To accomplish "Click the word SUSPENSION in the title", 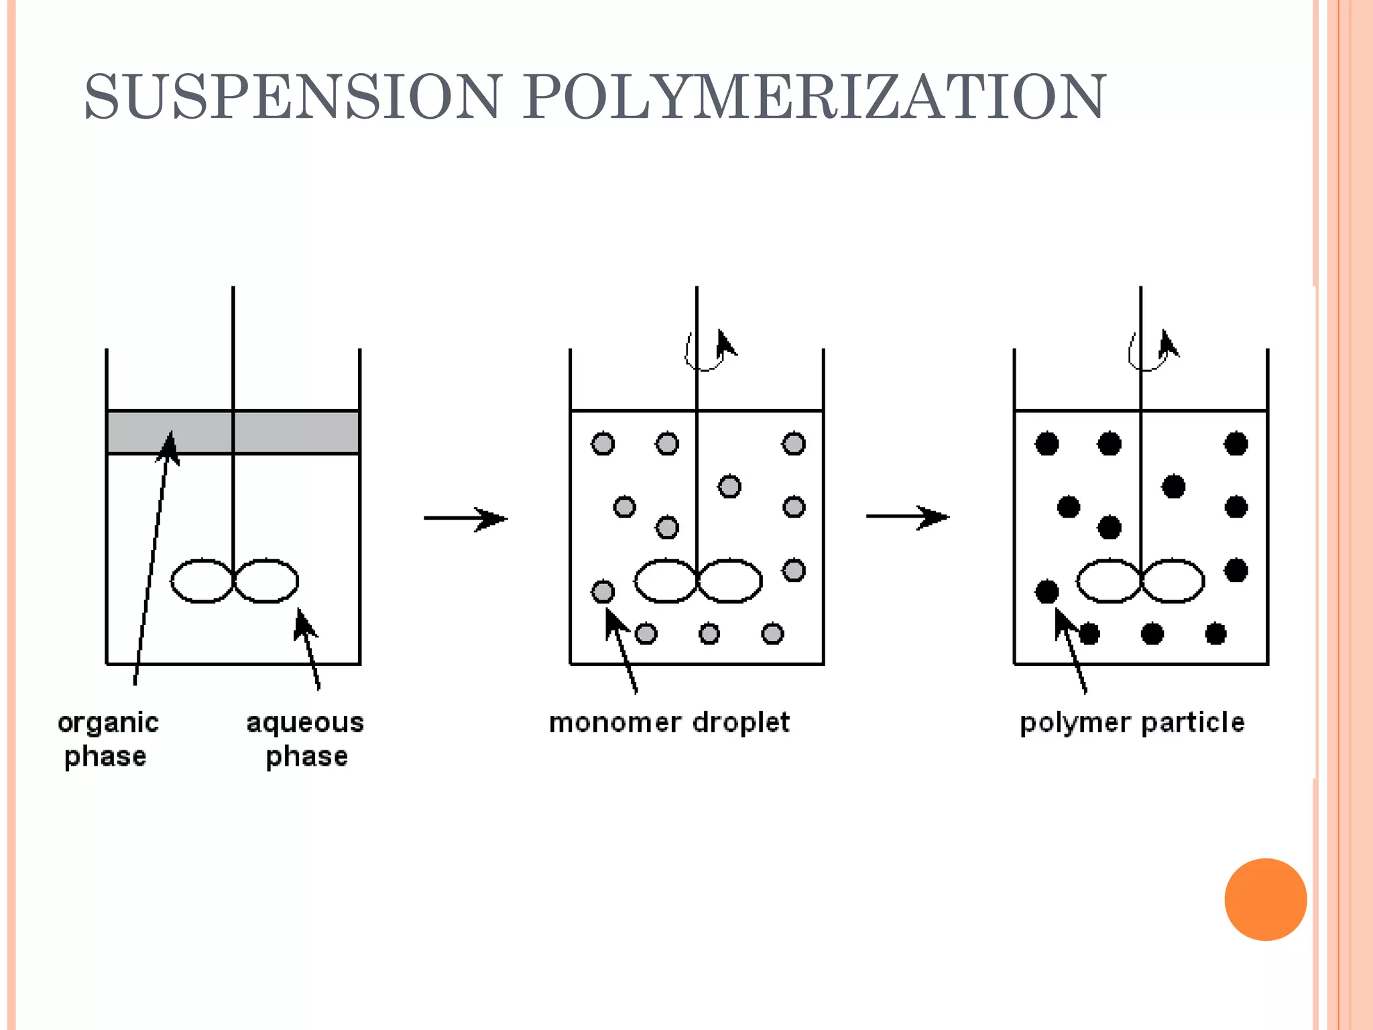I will (x=292, y=98).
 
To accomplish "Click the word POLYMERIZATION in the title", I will (x=814, y=98).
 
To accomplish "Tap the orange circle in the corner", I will (x=1265, y=899).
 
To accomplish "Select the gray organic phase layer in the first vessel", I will (x=295, y=433).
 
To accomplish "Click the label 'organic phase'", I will (x=107, y=739).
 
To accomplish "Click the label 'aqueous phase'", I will (x=306, y=739).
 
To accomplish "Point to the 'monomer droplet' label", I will (x=669, y=723).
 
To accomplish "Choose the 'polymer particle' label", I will (x=1132, y=723).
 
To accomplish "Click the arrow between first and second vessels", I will (x=467, y=518).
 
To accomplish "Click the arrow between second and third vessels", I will (x=908, y=517).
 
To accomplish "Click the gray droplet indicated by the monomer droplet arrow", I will (x=603, y=591).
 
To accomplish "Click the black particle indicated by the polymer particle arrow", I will (x=1047, y=591).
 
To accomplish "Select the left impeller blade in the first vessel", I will (x=202, y=581).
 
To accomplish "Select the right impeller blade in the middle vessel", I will (x=730, y=581).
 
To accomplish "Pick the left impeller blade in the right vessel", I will (x=1108, y=581).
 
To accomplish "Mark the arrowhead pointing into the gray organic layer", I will (x=170, y=446).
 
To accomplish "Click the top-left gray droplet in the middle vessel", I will (x=603, y=444).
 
